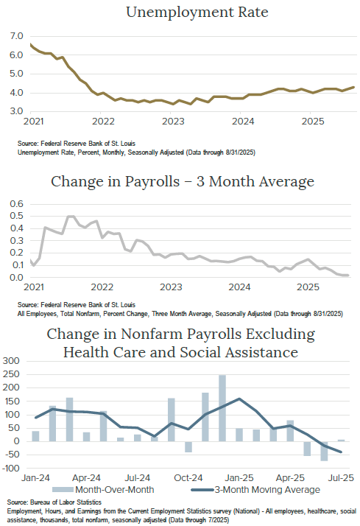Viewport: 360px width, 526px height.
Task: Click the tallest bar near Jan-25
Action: (x=222, y=408)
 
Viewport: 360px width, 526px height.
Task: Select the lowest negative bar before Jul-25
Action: (x=323, y=451)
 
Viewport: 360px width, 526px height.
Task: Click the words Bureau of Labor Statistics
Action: (x=68, y=502)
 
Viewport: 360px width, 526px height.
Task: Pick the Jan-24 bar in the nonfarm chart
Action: (x=35, y=436)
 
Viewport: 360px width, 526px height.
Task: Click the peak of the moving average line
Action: (x=239, y=399)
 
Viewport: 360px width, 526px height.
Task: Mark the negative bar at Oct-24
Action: (x=188, y=447)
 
